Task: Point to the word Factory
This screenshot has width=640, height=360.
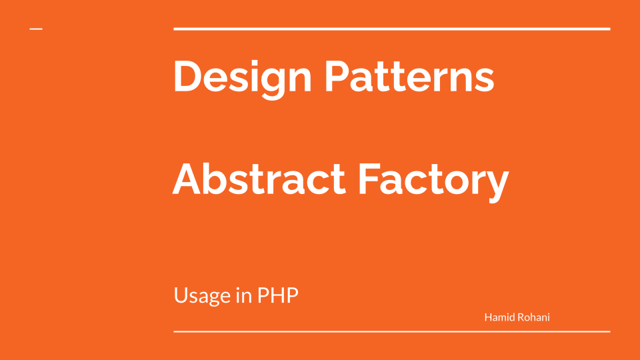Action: (x=433, y=180)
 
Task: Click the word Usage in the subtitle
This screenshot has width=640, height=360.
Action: (x=202, y=296)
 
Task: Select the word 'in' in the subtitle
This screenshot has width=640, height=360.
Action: (x=243, y=295)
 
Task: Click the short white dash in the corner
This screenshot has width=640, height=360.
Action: (x=36, y=29)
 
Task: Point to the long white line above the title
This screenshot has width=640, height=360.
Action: (x=392, y=29)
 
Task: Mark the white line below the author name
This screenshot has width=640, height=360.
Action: (x=392, y=331)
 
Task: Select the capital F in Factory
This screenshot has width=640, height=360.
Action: (x=369, y=179)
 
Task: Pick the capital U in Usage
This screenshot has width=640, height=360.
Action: (x=181, y=295)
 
